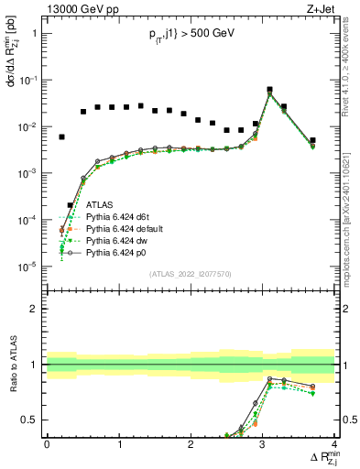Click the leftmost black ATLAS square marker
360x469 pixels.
[61, 136]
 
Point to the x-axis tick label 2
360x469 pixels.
[190, 443]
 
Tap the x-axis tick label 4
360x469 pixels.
[333, 443]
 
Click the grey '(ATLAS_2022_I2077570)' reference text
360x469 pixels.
[191, 274]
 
